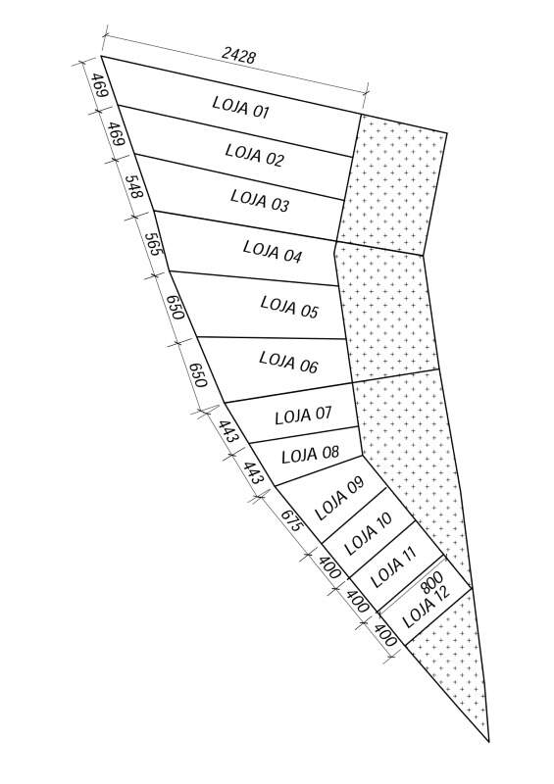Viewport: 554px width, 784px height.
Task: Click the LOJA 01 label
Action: click(240, 107)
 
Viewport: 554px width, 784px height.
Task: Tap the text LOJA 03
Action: click(260, 200)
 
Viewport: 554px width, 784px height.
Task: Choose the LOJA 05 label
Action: click(289, 307)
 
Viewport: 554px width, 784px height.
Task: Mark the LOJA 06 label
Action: click(288, 362)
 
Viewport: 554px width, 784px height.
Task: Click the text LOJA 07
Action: click(303, 415)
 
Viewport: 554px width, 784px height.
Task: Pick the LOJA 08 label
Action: click(310, 455)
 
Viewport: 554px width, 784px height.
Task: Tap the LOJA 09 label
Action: click(340, 498)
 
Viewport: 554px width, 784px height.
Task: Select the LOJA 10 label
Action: click(369, 533)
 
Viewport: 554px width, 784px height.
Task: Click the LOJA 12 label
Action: click(427, 606)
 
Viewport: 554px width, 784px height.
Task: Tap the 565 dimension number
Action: click(154, 244)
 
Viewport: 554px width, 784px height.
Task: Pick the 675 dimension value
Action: click(291, 520)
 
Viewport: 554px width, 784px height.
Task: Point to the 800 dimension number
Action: click(431, 581)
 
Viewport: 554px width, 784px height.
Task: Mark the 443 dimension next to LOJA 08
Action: click(253, 472)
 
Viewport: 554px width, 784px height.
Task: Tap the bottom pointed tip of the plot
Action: click(488, 742)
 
